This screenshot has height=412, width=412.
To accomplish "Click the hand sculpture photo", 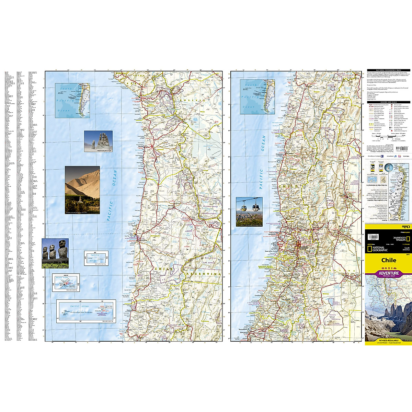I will pos(98,141).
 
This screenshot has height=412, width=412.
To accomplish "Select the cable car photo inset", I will pos(249,211).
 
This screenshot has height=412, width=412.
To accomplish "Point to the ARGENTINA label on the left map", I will pos(203,274).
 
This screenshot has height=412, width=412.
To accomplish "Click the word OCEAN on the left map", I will pos(115,178).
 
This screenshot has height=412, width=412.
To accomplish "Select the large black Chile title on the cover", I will pos(388,260).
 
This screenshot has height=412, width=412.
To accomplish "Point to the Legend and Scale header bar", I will pos(388,102).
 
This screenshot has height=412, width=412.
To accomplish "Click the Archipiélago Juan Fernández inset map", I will pos(86,311).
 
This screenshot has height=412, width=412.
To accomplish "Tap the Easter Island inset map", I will pos(66,282).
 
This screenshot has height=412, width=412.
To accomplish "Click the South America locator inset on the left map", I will pos(72,100).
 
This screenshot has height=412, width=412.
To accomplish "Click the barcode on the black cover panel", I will pos(373,237).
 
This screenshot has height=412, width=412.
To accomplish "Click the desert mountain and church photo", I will pos(82,190).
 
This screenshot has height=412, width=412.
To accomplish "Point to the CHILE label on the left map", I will pos(163,268).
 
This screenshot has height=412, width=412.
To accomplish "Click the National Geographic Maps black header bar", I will pos(388,70).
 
